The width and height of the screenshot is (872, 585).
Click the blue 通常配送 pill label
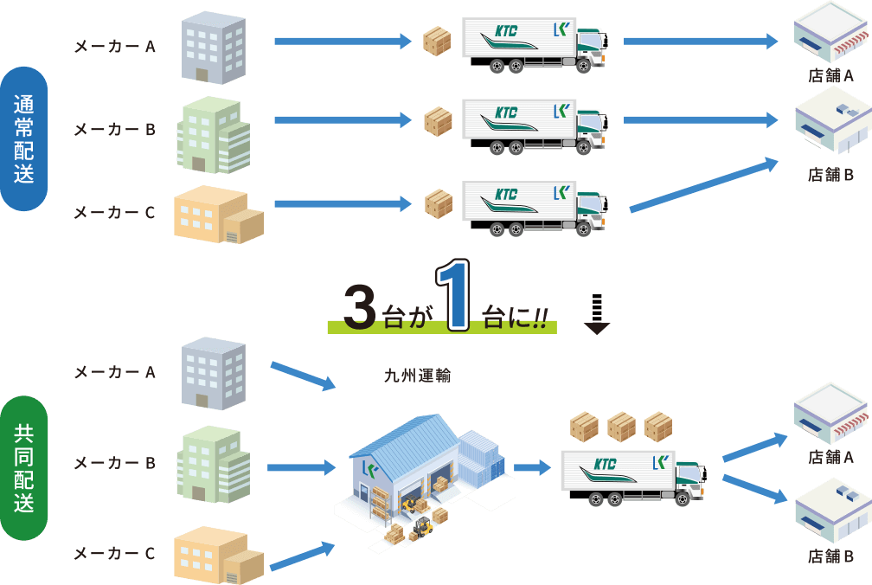[x=24, y=138]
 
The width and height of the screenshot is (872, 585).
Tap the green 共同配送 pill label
[x=24, y=468]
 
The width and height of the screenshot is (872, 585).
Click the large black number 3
[x=359, y=308]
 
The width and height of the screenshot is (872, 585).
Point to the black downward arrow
[x=596, y=315]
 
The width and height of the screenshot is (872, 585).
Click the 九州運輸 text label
[x=418, y=376]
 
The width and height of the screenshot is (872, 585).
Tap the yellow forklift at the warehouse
[x=421, y=527]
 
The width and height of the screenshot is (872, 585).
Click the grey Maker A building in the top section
[x=214, y=47]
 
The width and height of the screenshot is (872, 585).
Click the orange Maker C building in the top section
[x=218, y=214]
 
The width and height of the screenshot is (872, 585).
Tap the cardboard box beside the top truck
[x=437, y=41]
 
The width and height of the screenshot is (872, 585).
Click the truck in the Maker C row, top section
[x=533, y=208]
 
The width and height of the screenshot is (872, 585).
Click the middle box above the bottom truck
[x=621, y=427]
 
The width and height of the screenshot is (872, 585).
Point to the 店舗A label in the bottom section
[x=830, y=456]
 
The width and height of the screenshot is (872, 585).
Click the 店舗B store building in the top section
[x=830, y=126]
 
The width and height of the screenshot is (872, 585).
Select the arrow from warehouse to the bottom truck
[x=532, y=468]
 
